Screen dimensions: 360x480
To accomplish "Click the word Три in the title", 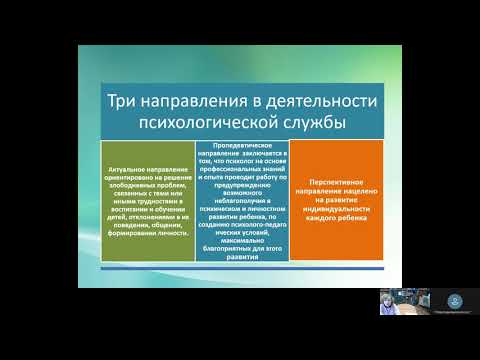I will [x=127, y=102].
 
